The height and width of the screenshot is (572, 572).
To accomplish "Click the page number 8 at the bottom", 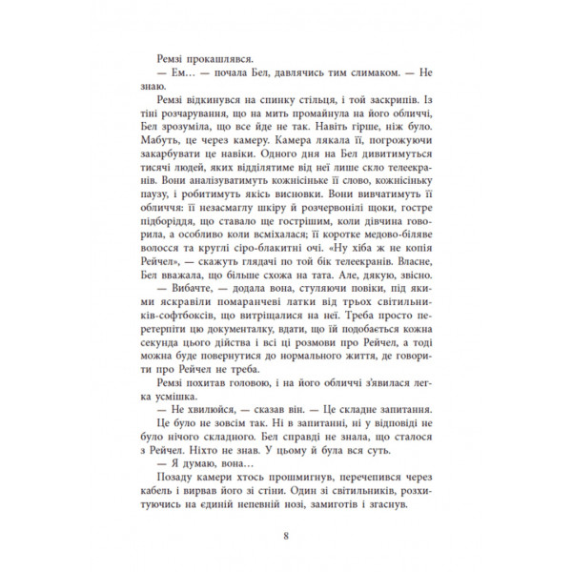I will point(286,533).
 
